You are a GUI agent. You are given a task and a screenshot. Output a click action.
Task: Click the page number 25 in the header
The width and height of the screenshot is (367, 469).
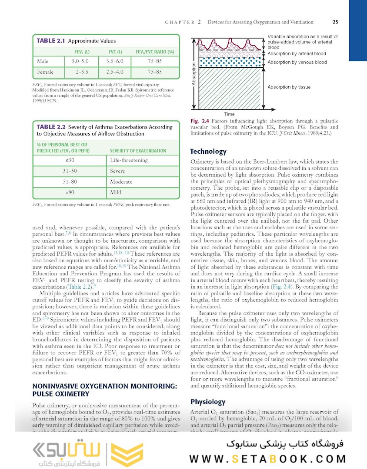coord(335,22)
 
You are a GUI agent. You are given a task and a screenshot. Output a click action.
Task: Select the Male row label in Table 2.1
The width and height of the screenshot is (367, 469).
coord(43,61)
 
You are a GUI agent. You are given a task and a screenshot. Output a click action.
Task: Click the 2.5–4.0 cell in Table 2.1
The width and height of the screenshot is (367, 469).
coord(115,72)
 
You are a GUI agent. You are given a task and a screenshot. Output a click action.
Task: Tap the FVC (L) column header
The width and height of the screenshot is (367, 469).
coord(115,52)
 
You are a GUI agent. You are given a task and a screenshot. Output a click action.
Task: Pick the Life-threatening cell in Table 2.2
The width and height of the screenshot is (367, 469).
coord(129,160)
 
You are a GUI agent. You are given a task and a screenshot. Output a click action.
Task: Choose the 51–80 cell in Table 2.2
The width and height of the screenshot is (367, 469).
coord(70,182)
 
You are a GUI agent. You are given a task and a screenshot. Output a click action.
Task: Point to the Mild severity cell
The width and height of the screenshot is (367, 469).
coord(116,192)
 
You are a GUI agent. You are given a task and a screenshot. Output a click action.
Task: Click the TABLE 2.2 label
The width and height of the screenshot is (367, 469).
coord(51,127)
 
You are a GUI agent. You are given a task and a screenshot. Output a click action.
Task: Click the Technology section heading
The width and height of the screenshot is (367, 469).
coord(208,152)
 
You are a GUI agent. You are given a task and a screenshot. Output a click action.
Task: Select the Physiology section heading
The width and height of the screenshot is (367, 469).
coord(208,402)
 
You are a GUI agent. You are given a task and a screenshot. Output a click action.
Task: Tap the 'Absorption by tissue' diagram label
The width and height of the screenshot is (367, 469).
coord(289,87)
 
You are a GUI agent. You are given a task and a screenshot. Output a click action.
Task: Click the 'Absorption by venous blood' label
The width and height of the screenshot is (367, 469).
coord(297,62)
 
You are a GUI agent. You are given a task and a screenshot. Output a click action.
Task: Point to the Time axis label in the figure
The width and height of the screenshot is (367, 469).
coord(229,114)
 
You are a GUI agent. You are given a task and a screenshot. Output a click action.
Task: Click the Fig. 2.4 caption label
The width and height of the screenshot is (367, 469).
coord(200,121)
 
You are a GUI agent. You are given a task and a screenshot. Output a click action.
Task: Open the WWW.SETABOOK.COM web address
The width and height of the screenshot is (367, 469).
coord(267,459)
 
